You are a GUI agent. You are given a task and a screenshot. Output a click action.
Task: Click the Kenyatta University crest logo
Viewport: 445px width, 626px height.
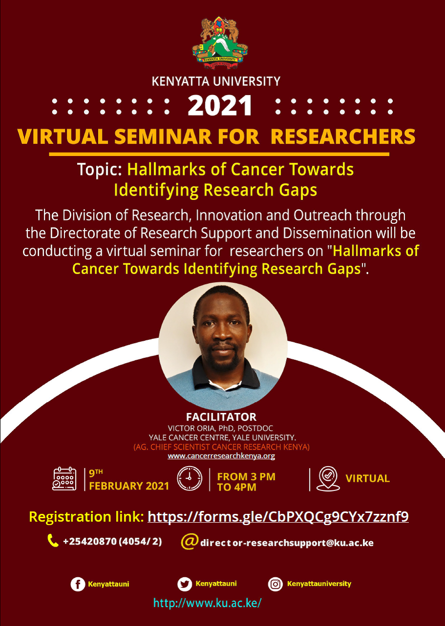point(220,43)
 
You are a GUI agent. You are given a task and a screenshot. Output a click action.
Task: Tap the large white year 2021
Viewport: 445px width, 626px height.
point(220,106)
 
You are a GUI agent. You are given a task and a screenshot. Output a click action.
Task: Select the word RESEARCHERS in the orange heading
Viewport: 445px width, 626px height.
point(343,137)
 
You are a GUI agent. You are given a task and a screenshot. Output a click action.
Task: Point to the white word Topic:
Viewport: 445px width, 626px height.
point(100,170)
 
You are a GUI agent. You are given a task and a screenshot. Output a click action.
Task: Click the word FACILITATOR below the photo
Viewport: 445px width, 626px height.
point(221,417)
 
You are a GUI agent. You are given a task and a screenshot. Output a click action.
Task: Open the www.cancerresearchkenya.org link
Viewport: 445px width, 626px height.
point(221,456)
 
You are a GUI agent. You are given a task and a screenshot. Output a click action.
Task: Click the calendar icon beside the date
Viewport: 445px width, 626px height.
point(64,478)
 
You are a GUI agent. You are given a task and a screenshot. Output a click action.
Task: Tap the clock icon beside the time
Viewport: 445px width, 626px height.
point(190,478)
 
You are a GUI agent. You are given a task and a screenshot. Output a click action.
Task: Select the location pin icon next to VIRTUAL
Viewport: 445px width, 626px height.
point(328,478)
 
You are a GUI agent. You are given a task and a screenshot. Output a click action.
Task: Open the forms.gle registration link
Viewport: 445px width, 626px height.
point(278,516)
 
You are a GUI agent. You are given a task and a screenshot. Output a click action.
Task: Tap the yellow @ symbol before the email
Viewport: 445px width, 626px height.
point(189,541)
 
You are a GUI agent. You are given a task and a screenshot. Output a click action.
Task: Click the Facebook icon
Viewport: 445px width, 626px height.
point(78,584)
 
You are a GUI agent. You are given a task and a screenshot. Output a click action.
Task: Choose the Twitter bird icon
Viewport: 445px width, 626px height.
point(184,584)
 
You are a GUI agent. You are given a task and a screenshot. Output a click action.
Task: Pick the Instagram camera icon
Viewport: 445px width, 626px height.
point(275,584)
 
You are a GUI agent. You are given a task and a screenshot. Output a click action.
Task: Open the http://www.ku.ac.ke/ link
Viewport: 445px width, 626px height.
point(207,603)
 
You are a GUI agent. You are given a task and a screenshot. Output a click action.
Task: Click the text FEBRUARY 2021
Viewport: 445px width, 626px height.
point(129,486)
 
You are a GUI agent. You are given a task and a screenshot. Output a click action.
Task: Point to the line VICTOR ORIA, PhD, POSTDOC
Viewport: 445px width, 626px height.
point(221,428)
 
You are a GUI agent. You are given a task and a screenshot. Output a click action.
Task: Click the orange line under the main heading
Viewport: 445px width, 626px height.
point(219,154)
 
